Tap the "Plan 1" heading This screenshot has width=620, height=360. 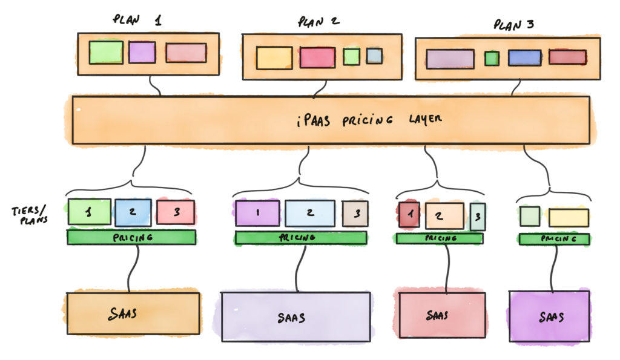[x=137, y=20]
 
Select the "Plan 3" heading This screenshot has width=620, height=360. [x=514, y=25]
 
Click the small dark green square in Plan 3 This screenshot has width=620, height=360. [x=492, y=59]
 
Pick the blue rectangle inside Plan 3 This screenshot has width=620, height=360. [x=524, y=57]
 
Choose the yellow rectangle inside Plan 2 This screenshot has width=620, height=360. [x=274, y=58]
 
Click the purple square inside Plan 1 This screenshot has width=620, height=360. [x=142, y=52]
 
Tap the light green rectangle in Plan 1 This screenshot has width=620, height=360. [x=106, y=52]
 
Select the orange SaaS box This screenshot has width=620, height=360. [x=133, y=313]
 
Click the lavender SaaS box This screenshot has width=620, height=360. [x=295, y=316]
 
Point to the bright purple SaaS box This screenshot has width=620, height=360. [x=550, y=316]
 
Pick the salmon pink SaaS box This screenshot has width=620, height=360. [x=442, y=315]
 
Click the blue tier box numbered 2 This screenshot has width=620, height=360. [x=133, y=212]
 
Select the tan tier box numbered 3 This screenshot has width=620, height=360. [x=355, y=213]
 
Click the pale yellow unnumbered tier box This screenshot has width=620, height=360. [x=569, y=217]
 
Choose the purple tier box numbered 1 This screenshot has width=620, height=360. [x=258, y=213]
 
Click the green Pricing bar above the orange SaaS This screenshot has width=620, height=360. [x=131, y=237]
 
